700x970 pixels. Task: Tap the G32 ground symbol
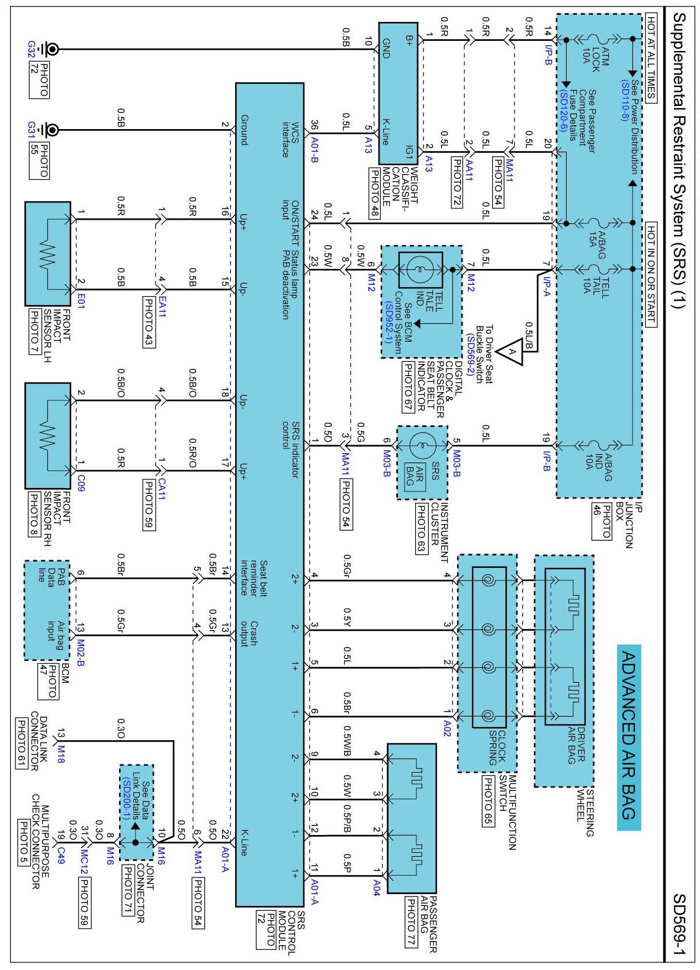point(52,49)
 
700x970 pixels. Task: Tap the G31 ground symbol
point(52,130)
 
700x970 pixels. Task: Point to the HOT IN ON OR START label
point(650,275)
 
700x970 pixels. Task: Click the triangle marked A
point(511,353)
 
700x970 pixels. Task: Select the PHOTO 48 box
point(374,194)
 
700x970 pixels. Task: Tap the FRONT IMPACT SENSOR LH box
point(48,253)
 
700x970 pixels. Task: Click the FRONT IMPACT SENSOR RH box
point(48,436)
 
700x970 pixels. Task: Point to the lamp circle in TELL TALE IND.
point(420,270)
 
